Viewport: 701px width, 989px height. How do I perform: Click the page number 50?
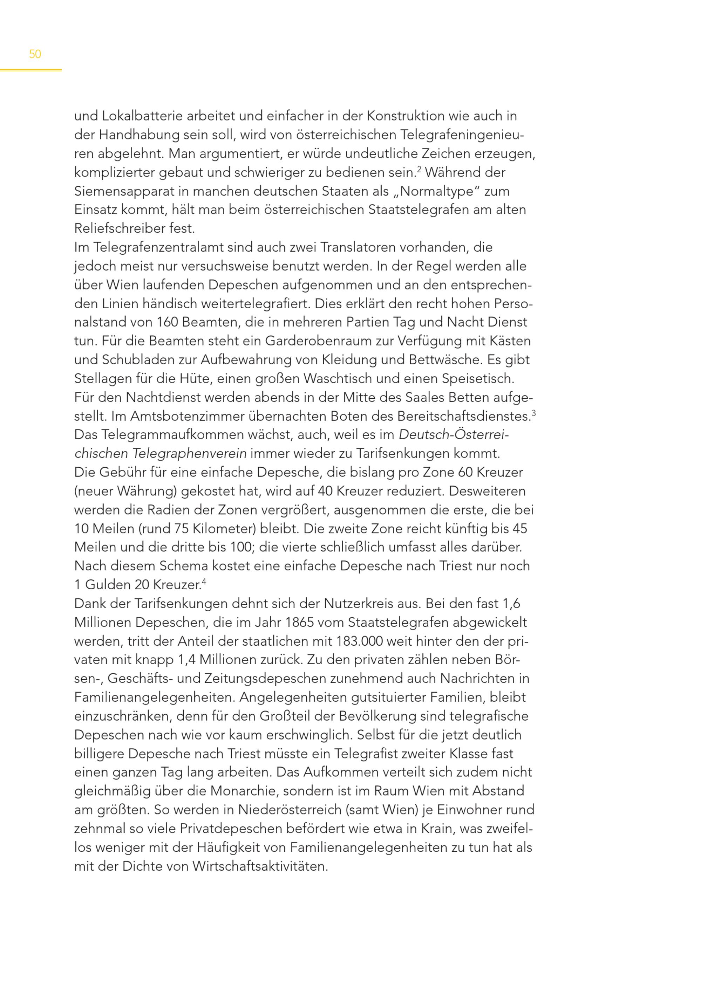35,54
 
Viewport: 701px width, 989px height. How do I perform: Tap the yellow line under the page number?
30,70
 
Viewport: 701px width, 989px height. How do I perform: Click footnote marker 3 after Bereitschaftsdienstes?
533,413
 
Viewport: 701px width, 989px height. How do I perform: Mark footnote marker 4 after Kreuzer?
204,581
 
